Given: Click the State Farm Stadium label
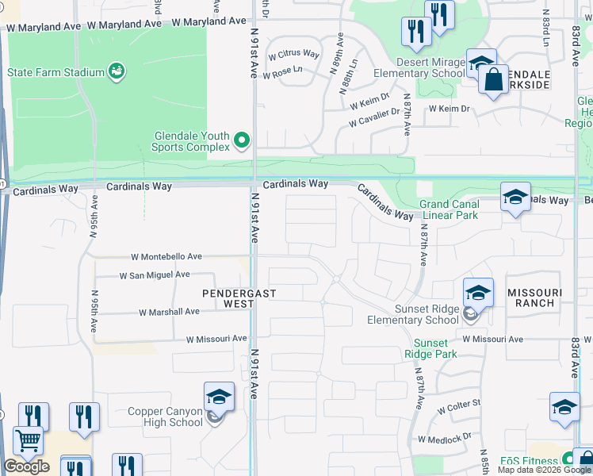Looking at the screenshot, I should tap(55, 72).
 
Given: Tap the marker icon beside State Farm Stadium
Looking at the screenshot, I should tap(117, 72).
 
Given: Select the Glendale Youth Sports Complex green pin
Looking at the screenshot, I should tap(242, 141).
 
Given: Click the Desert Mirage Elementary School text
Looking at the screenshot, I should tap(419, 67).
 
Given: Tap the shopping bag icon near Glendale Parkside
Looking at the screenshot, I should tap(493, 80).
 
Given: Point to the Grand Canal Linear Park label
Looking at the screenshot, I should tap(450, 209).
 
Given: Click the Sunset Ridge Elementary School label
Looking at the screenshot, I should tap(412, 315).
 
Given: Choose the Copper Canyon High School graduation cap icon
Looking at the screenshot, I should tap(219, 397).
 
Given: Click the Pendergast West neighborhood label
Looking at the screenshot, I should tap(228, 298).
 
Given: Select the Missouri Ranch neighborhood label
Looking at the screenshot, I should tap(534, 298).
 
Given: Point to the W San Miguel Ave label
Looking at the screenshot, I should tap(155, 275).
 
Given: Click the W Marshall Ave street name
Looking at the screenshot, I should tap(169, 312).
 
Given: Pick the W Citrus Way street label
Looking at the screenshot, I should tap(293, 55).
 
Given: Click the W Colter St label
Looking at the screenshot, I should tap(460, 404).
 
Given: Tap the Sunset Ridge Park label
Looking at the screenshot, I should tap(430, 348).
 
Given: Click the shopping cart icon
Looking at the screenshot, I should tap(28, 441).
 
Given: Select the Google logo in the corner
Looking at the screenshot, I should tap(26, 466).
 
